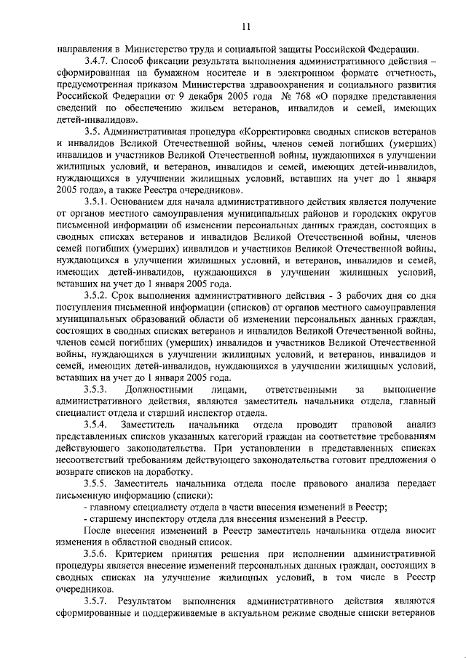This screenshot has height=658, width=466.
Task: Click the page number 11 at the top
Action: tap(246, 28)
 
